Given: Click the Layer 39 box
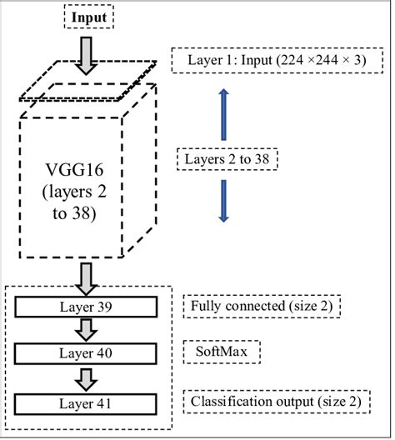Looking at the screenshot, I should (x=88, y=307).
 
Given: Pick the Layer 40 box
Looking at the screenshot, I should (x=88, y=354).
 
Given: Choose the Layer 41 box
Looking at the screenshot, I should (x=88, y=403).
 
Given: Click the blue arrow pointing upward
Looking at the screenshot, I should (x=222, y=112).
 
